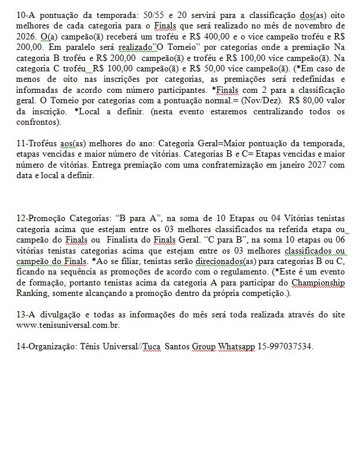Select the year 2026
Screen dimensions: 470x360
(27, 37)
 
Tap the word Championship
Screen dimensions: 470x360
(317, 283)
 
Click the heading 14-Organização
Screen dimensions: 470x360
(45, 347)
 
